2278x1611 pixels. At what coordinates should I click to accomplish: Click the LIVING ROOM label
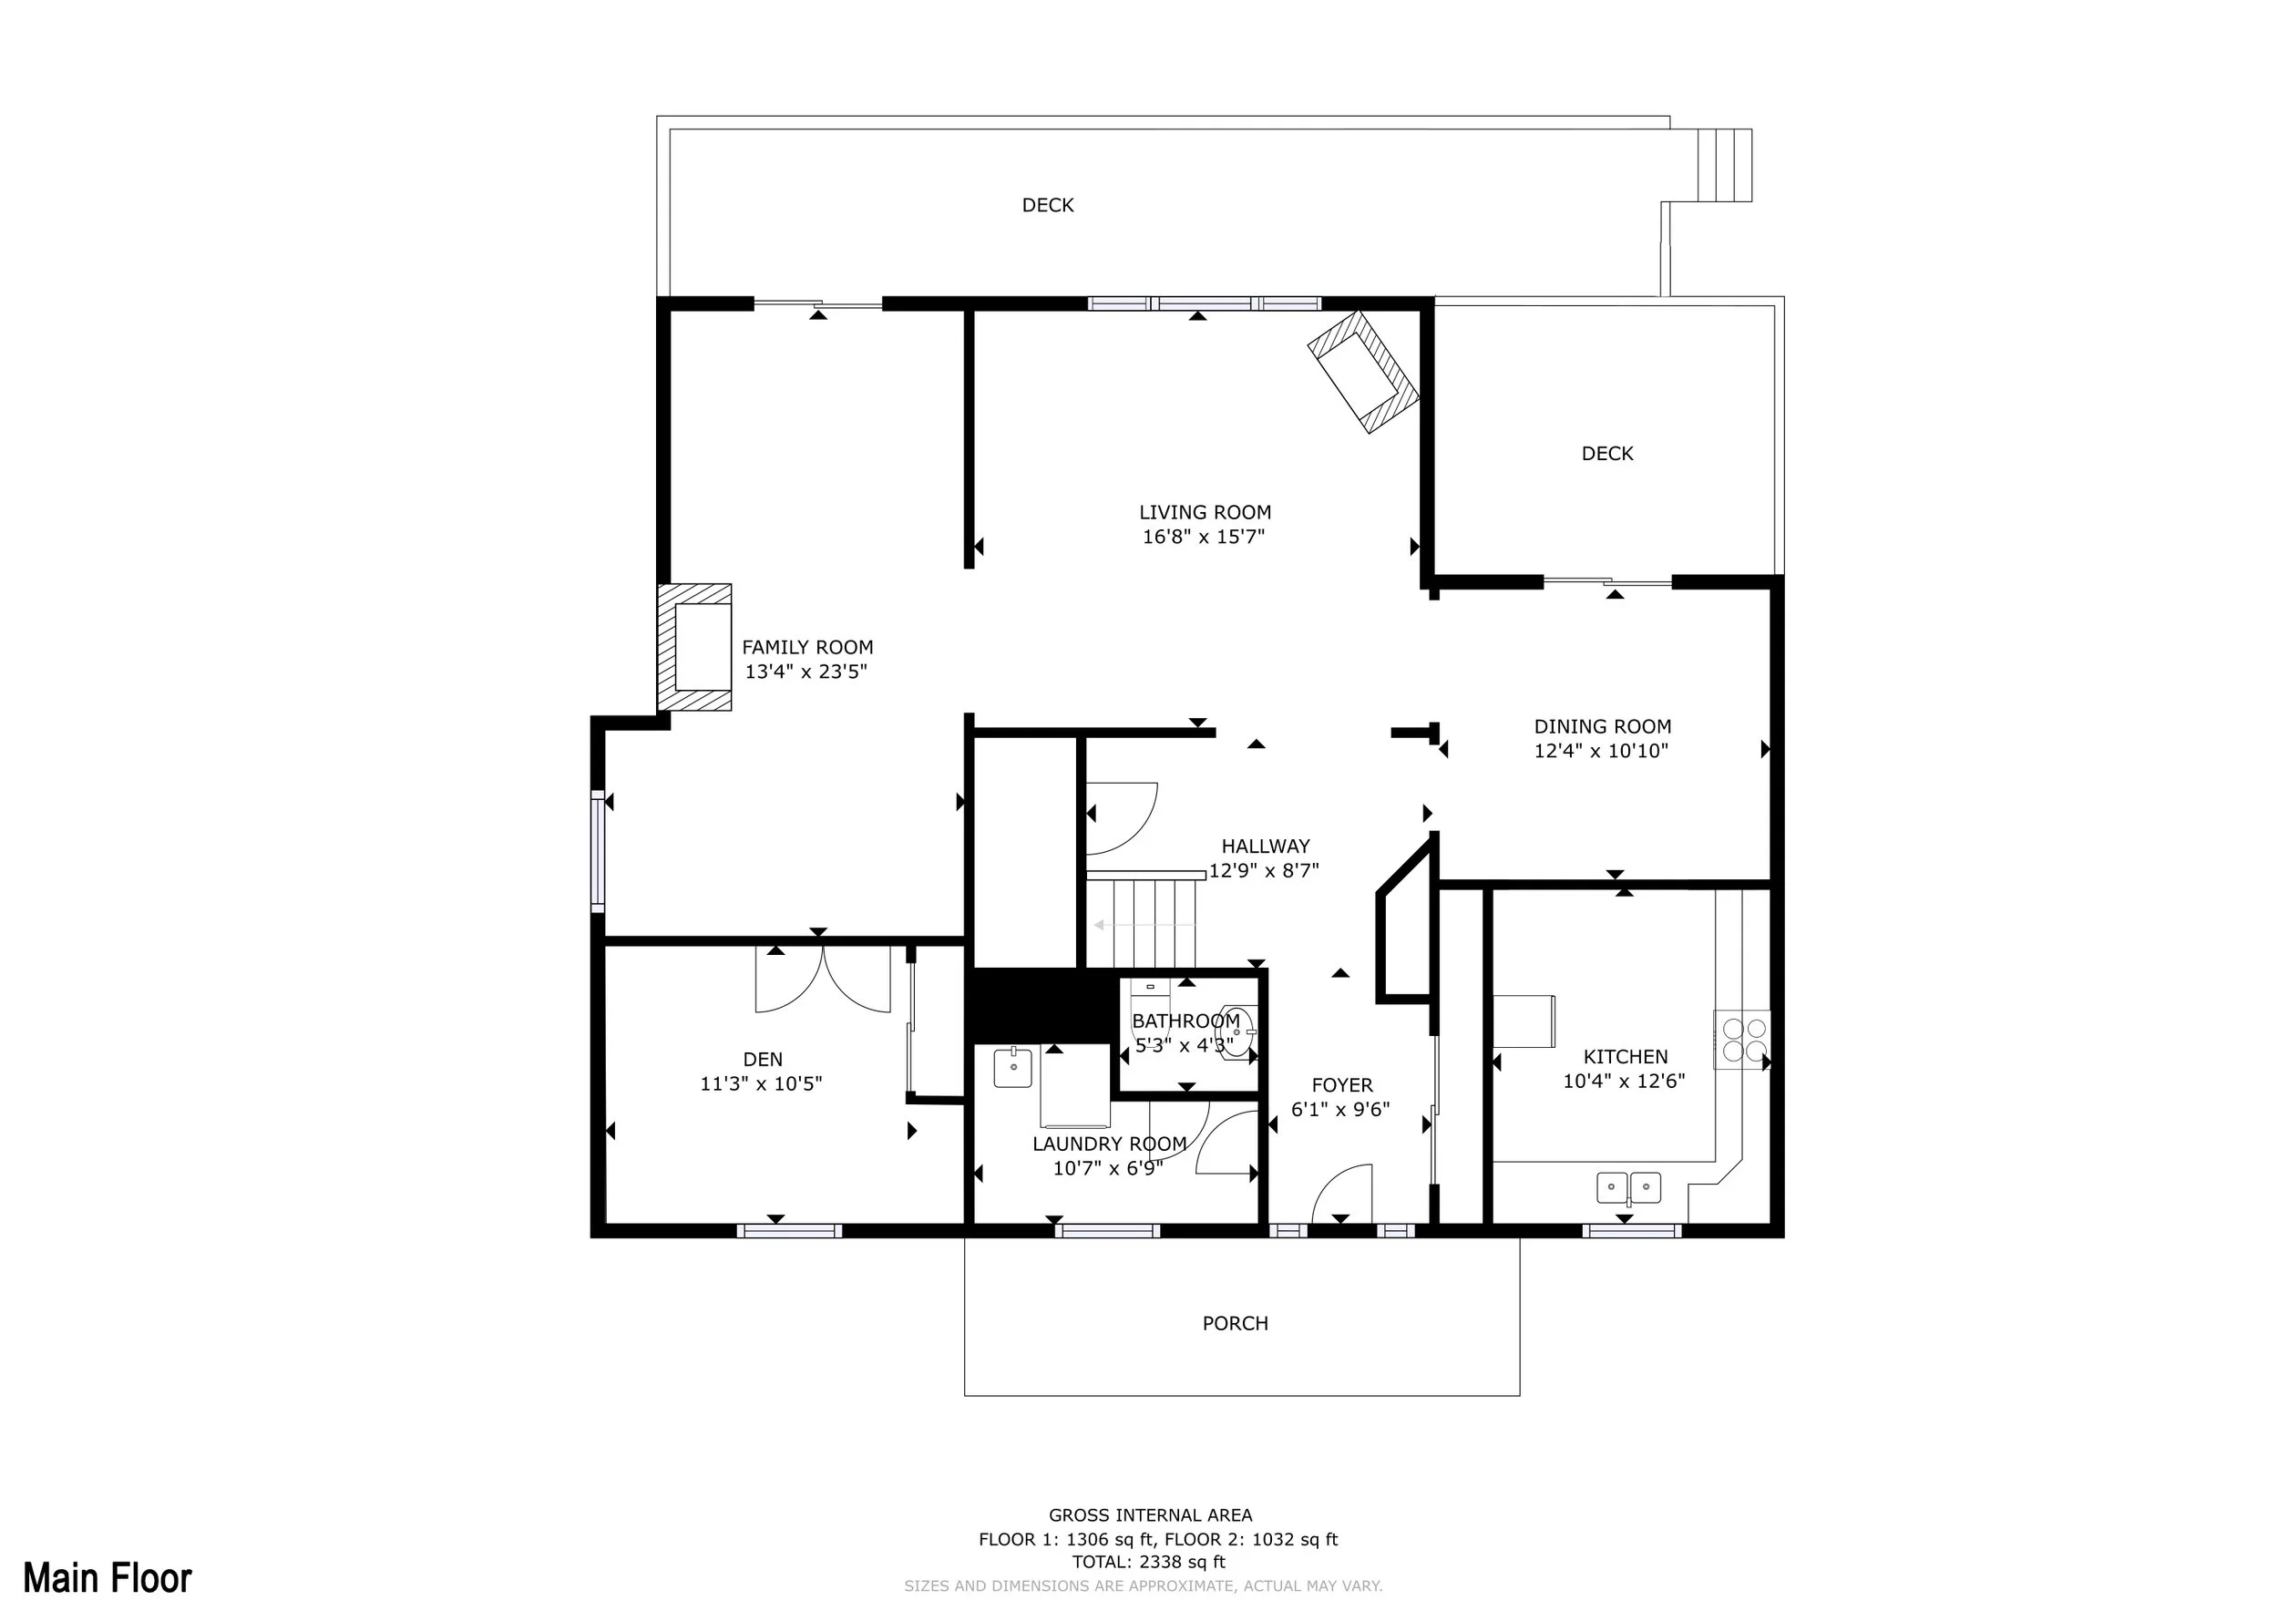pos(1205,513)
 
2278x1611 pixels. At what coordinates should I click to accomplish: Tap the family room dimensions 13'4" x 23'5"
pos(806,672)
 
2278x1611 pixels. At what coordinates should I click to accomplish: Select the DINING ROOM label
pos(1602,727)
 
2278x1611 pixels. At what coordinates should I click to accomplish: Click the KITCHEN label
pos(1626,1058)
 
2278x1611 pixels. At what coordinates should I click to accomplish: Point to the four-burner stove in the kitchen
pos(1743,1040)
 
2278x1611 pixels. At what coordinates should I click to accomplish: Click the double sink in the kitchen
pos(1628,1186)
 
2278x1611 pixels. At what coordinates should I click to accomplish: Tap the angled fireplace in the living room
pos(1363,372)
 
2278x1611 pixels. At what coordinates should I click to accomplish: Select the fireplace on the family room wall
pos(694,648)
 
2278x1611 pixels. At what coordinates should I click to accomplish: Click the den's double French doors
pos(824,980)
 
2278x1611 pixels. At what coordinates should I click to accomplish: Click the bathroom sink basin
pos(1236,1032)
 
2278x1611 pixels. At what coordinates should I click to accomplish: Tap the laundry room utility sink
pos(1014,1067)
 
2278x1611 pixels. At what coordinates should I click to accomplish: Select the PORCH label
pos(1236,1323)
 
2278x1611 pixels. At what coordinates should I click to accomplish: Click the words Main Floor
pos(108,1577)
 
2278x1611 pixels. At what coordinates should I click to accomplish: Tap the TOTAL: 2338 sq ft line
pos(1149,1562)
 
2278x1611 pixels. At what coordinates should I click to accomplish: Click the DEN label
pos(762,1060)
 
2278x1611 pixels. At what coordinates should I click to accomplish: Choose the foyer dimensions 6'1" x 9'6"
pos(1340,1110)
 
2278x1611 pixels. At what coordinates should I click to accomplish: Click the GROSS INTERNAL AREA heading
pos(1151,1514)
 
